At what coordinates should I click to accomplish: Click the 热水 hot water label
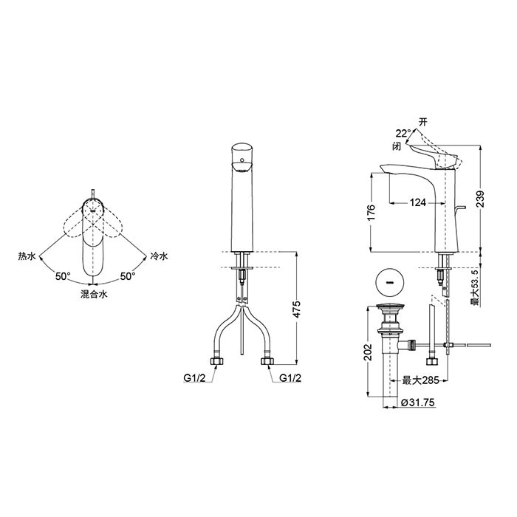[x=27, y=256]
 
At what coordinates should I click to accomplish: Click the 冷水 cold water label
[x=160, y=256]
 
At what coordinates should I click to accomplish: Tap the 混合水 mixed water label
[x=94, y=294]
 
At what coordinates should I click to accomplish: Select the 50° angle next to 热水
[x=63, y=276]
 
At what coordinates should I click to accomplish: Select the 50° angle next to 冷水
[x=128, y=276]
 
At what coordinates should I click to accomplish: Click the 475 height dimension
[x=297, y=309]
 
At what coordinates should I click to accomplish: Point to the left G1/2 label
[x=194, y=378]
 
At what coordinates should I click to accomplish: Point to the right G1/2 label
[x=290, y=378]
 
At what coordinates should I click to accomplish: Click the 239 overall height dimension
[x=481, y=199]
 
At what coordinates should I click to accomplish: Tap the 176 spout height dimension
[x=371, y=213]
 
